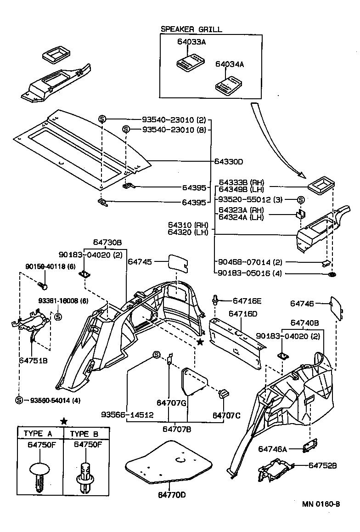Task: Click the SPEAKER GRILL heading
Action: click(x=191, y=29)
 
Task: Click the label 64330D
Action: click(x=228, y=161)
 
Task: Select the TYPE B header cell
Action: click(x=86, y=433)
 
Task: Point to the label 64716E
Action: click(x=247, y=301)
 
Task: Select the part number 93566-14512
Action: click(x=127, y=414)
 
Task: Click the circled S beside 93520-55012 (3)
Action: click(x=301, y=199)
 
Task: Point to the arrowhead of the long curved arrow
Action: click(x=302, y=175)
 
